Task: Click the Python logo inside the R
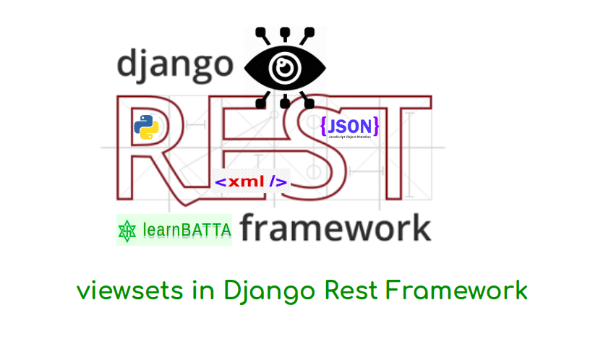[146, 127]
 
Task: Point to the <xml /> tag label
[252, 182]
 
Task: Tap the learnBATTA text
[187, 231]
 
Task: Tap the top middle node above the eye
[284, 33]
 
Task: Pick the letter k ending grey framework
[419, 228]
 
